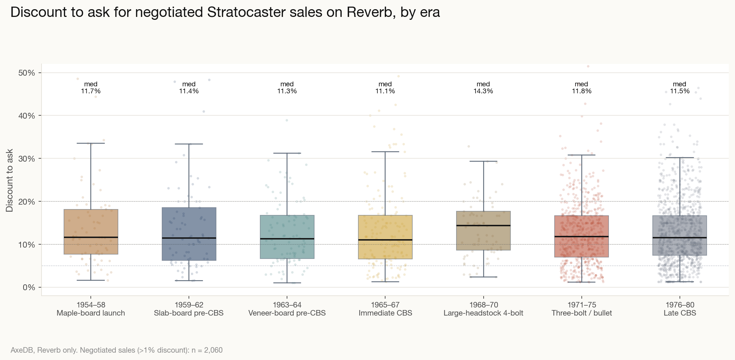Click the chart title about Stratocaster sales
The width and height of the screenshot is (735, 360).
tap(225, 12)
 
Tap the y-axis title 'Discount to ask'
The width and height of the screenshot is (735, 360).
tap(10, 180)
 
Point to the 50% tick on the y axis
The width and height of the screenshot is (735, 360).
tap(26, 73)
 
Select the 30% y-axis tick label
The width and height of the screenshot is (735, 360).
tap(26, 159)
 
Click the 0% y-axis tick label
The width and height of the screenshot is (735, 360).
tap(29, 287)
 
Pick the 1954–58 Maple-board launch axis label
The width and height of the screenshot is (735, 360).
tap(91, 309)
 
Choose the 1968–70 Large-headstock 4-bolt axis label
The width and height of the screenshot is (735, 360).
tap(483, 309)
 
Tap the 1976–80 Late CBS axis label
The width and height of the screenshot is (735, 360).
tap(680, 309)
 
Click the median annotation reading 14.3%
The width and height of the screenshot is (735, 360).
tap(483, 87)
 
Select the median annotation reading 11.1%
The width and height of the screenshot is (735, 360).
tap(385, 87)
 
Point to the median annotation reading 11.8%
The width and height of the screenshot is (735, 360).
tap(581, 87)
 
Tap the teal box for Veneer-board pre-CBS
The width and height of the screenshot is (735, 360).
tap(287, 228)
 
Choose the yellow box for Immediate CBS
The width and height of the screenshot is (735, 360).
tap(385, 228)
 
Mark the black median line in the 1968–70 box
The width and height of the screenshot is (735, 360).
tap(483, 226)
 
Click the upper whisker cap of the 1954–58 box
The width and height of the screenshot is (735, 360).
tap(91, 143)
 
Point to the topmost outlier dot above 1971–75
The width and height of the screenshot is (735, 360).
tap(588, 66)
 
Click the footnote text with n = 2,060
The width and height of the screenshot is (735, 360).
tap(116, 350)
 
